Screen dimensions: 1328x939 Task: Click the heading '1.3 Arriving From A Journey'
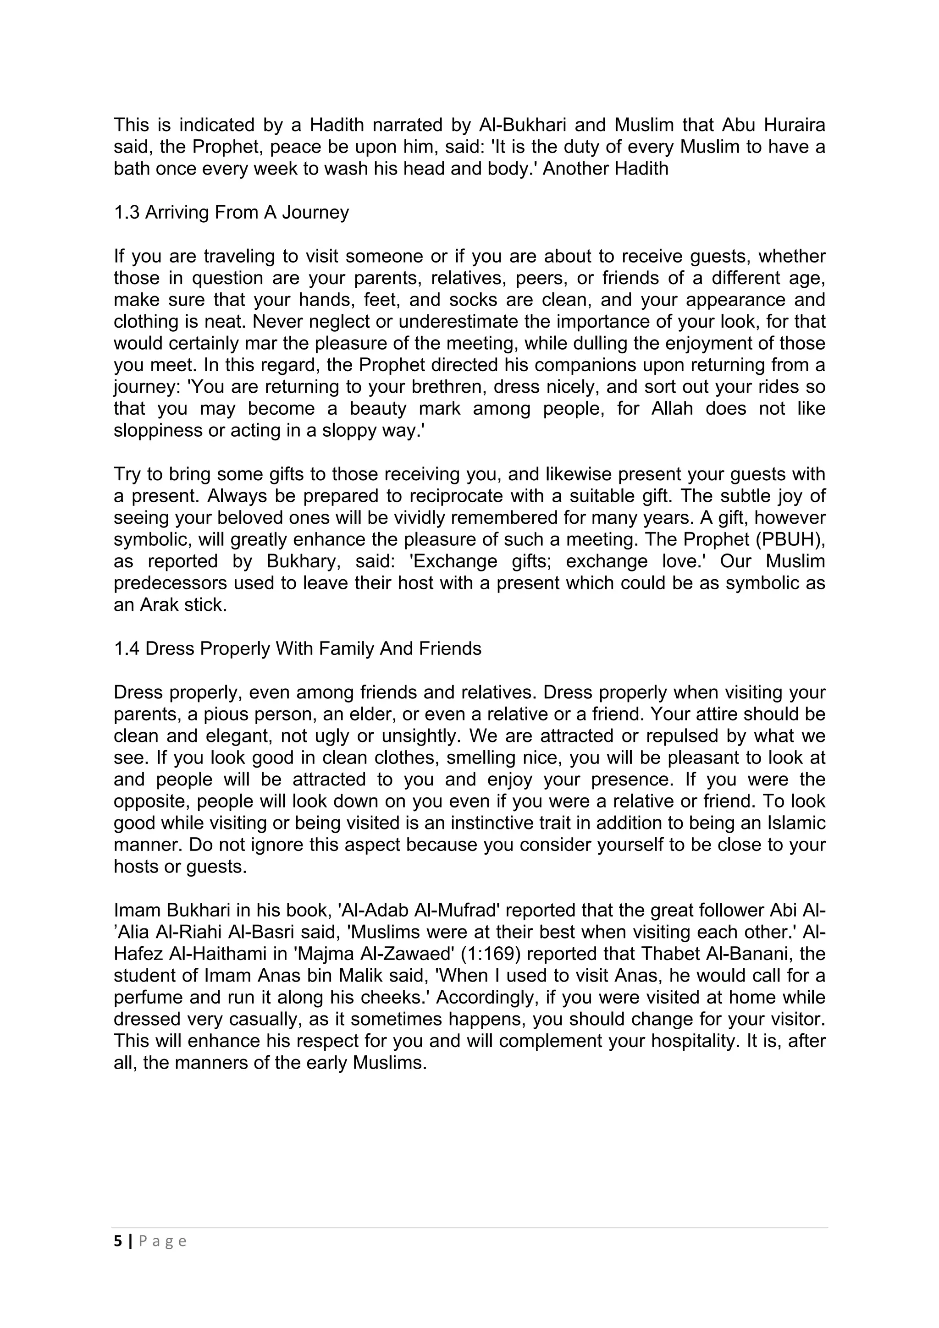[x=232, y=213]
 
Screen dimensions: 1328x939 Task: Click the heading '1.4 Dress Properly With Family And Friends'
[x=298, y=649]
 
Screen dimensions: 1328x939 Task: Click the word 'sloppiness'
[x=152, y=431]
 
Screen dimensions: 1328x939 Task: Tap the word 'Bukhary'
[x=300, y=562]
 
